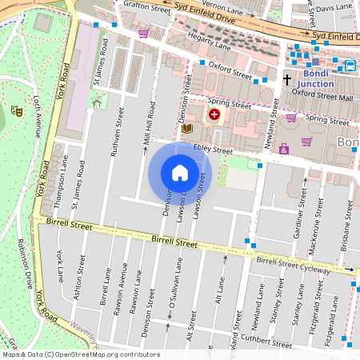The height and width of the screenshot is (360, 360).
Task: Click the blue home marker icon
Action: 180,173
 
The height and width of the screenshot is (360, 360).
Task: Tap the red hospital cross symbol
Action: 214,116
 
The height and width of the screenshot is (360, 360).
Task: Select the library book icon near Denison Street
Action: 187,128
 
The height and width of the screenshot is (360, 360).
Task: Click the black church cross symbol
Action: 287,80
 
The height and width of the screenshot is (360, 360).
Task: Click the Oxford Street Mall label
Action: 322,93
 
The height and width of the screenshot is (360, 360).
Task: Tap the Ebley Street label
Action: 211,150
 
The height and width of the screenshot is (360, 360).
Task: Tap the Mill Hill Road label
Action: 147,128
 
